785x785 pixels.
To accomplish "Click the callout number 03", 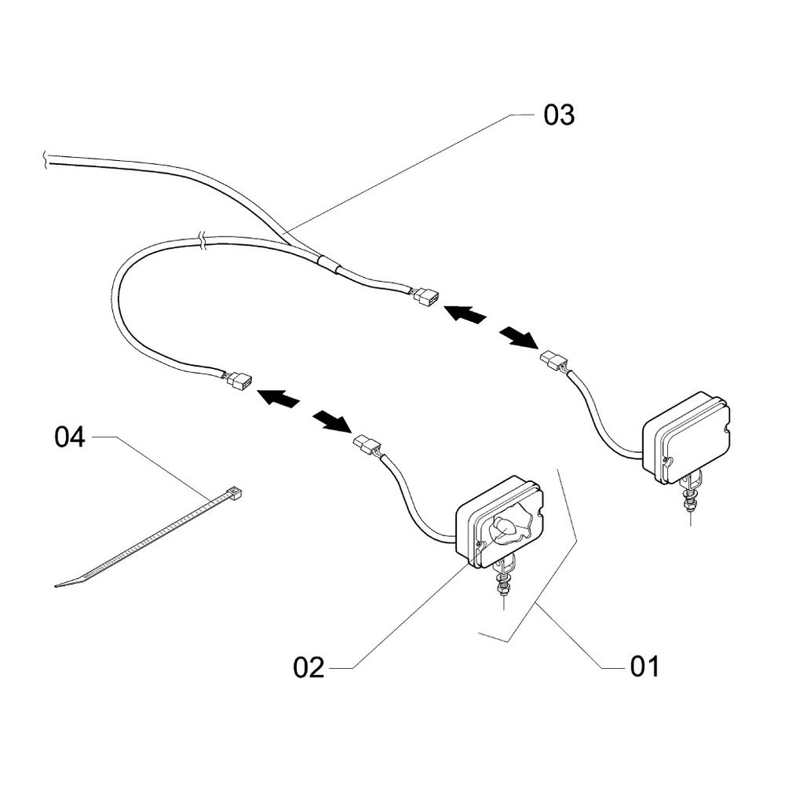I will click(559, 115).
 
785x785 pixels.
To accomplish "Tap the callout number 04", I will click(69, 437).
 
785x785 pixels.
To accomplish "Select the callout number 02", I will click(309, 667).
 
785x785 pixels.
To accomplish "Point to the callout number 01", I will click(644, 667).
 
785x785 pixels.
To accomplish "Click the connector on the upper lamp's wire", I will click(553, 361).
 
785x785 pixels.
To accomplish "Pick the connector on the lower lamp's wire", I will click(367, 444).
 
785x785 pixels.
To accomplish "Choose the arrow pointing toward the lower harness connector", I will click(279, 399).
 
